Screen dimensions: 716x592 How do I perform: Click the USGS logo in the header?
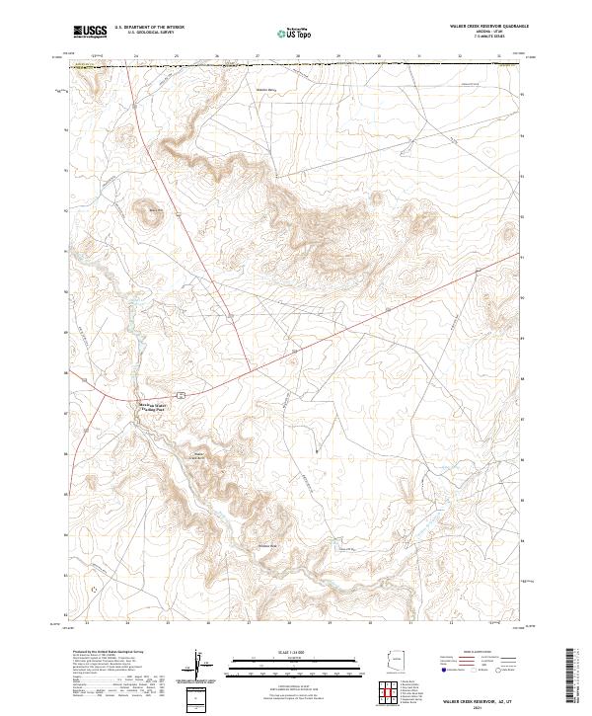click(90, 32)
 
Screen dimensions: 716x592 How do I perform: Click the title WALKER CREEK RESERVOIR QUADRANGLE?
click(485, 26)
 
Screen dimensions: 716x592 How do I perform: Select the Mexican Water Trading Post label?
click(152, 405)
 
